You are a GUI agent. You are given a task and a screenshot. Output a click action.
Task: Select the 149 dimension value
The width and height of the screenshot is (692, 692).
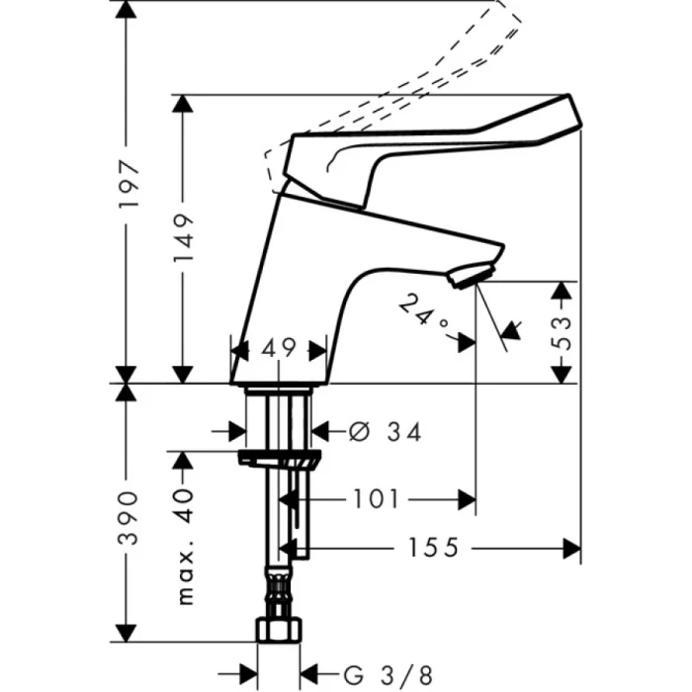coord(182,238)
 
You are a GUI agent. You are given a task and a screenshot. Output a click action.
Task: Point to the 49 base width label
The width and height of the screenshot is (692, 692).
coord(280,348)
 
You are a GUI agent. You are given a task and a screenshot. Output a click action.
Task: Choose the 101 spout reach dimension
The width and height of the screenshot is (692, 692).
coord(375,499)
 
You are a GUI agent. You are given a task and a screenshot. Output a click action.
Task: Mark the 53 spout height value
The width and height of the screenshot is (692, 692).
coord(561,331)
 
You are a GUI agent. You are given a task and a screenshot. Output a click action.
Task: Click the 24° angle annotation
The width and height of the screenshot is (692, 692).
coord(424,313)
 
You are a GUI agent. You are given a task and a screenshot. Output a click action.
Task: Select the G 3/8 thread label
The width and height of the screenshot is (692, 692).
coord(389,675)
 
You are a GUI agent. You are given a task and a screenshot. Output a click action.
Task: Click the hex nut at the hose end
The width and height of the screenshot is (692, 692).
coord(278,631)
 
